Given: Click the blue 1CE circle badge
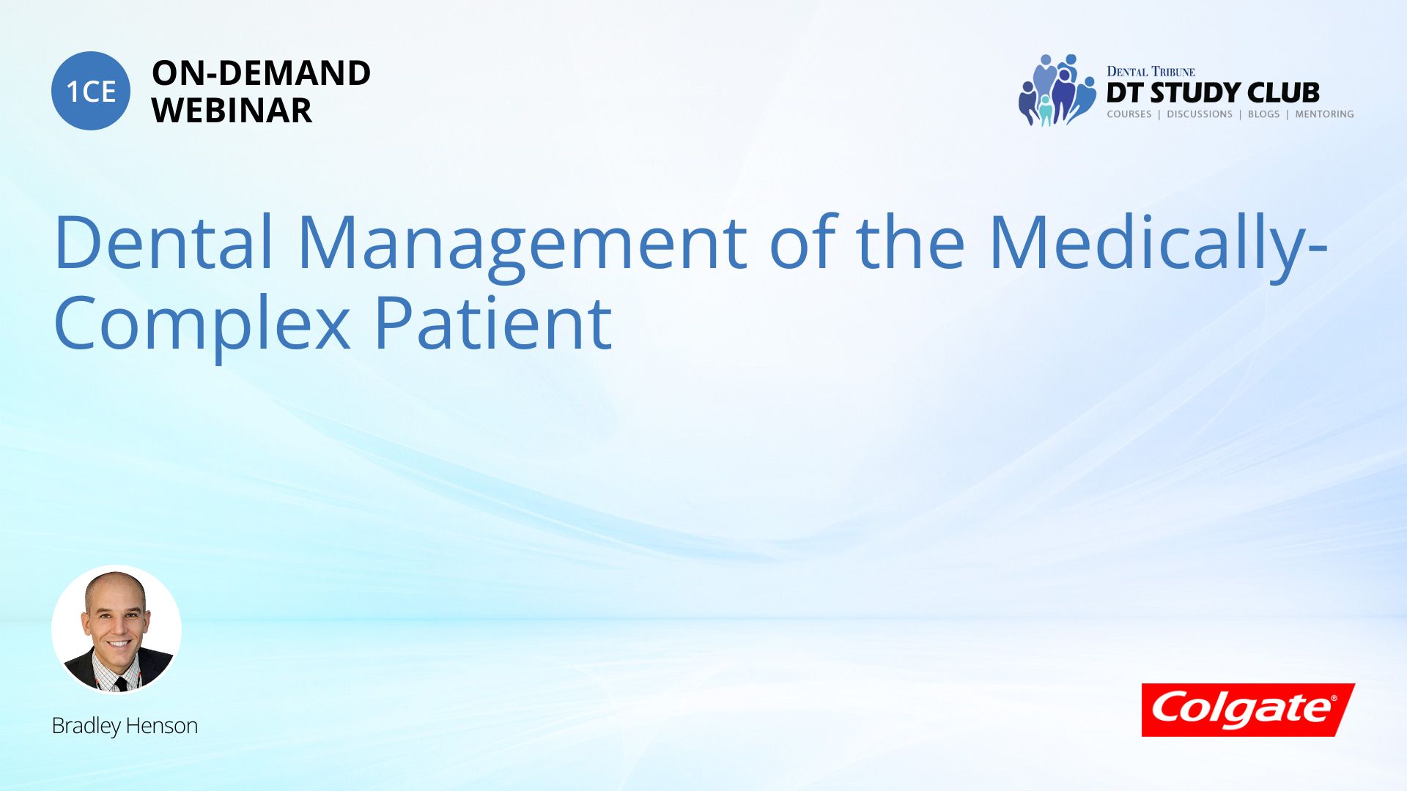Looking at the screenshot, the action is click(91, 91).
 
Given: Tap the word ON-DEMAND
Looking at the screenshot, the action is click(261, 73).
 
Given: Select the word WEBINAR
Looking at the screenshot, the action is click(232, 111).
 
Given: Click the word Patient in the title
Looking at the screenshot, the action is click(492, 322).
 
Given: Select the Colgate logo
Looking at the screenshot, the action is click(1248, 710).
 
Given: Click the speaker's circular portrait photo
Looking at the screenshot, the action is click(117, 630).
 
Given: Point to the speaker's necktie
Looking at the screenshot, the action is click(121, 683).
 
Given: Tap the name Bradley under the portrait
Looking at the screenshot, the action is click(86, 726).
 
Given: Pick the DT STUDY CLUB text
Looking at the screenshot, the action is click(1213, 93).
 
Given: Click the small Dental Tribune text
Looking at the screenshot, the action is click(1151, 71).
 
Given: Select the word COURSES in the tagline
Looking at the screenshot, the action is click(1129, 114).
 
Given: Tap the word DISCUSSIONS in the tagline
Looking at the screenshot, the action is click(1200, 114).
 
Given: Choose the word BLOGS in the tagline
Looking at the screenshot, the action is click(1264, 114).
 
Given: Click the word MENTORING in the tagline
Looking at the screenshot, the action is click(1324, 114).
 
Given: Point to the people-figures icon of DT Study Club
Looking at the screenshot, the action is click(1057, 90).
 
